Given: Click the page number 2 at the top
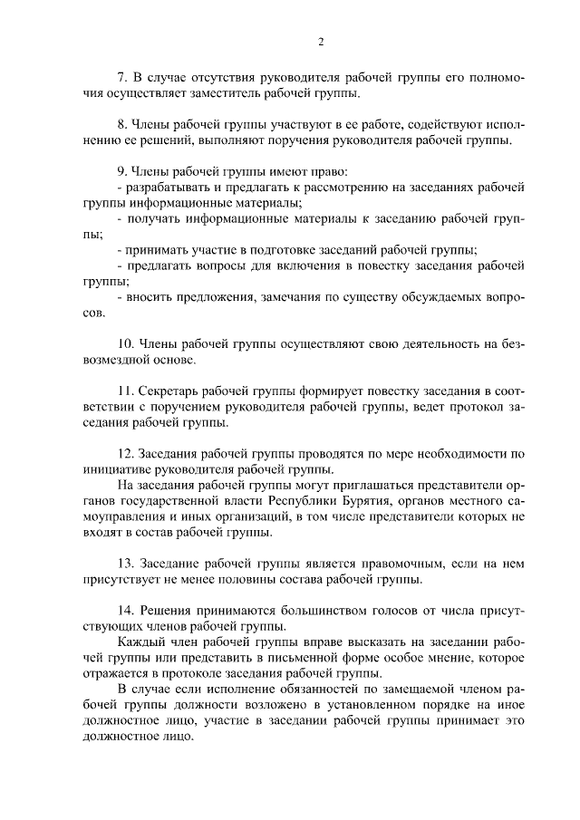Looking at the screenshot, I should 321,41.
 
